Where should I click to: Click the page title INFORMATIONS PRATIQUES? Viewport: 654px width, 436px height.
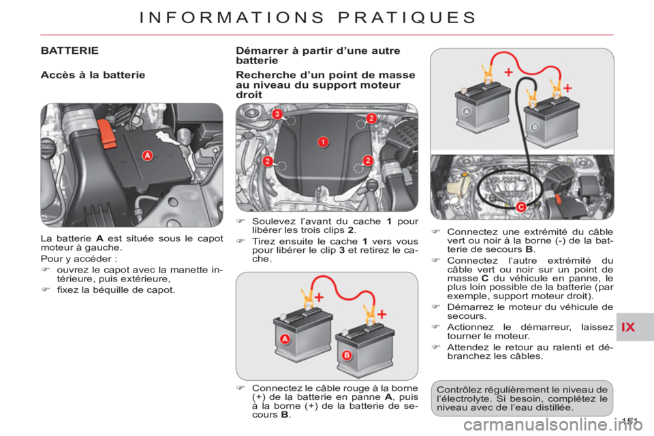(307, 18)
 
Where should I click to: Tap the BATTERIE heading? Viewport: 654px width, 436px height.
(69, 50)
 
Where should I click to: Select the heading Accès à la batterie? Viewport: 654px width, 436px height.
(93, 75)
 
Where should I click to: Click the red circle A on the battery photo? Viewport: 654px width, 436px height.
(147, 155)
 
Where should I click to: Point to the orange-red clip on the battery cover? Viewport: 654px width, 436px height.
(107, 134)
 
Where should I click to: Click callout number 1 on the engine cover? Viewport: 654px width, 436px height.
(323, 142)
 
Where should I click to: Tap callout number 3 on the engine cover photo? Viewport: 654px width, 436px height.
(277, 114)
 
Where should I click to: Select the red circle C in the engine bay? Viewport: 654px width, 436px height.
(521, 207)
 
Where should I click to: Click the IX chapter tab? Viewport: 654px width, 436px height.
(628, 327)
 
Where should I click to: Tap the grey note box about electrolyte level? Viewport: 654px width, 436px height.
(522, 399)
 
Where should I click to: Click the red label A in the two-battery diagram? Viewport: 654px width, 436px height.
(285, 339)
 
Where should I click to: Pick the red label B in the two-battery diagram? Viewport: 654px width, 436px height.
(347, 356)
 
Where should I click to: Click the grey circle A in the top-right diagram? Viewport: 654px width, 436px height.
(467, 112)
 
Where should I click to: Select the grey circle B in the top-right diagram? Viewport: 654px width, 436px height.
(535, 127)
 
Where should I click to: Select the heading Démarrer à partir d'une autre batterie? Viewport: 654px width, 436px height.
(318, 55)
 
